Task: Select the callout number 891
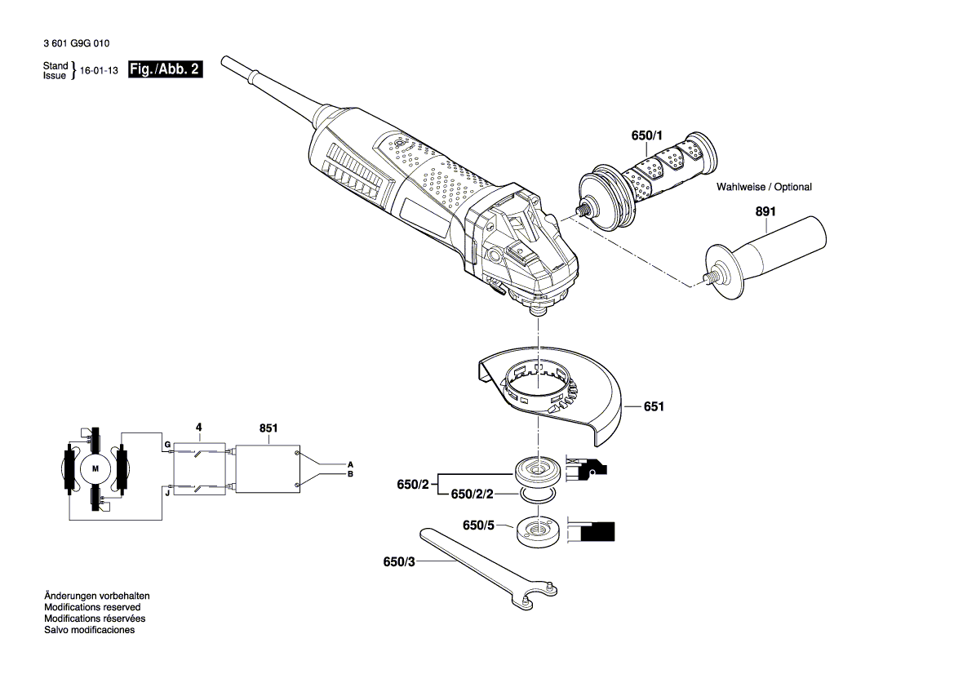click(765, 212)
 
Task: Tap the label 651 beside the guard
click(654, 406)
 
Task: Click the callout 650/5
click(479, 525)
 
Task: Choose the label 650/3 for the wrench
click(399, 562)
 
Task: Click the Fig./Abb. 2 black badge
click(165, 70)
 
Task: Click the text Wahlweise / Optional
click(764, 187)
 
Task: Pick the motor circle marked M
click(95, 468)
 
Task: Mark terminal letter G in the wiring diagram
click(166, 445)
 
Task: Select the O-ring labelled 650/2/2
click(537, 494)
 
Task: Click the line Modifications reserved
click(92, 607)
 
